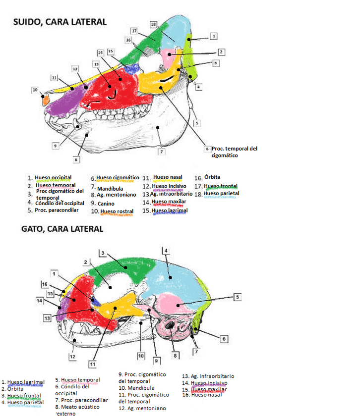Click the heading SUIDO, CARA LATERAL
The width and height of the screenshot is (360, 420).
coord(60,21)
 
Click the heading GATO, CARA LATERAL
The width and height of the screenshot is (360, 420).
coord(62,229)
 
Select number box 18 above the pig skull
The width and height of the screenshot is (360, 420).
coord(154,24)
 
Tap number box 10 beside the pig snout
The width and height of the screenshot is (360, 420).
coord(35,90)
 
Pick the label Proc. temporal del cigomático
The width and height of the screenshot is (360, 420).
coord(234,152)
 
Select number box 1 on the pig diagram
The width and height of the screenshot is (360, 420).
coord(213,36)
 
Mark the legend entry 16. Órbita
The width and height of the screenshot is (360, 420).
coord(207,177)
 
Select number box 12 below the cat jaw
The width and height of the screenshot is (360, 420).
coord(72,356)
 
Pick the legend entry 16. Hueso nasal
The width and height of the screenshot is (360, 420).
coord(200,395)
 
